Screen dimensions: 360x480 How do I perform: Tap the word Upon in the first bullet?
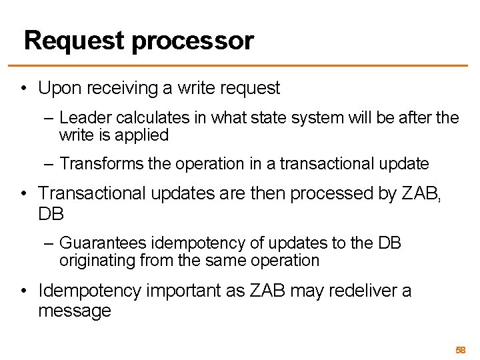point(59,87)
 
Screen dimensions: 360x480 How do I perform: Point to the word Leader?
point(81,119)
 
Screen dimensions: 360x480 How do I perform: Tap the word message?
point(75,311)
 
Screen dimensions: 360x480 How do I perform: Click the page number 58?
point(460,350)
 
